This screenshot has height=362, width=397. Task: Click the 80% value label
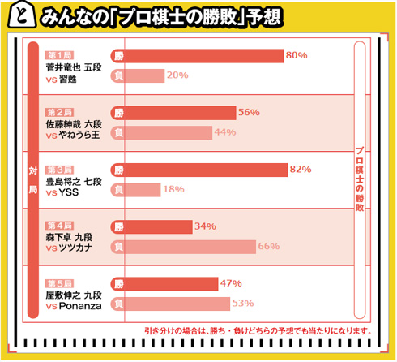(x=296, y=55)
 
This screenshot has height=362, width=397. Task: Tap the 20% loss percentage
(x=177, y=75)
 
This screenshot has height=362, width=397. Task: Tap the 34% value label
(x=204, y=226)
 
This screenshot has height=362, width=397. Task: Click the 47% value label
(x=231, y=283)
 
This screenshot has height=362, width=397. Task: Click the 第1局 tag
(x=59, y=54)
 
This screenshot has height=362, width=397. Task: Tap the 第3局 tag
(x=59, y=169)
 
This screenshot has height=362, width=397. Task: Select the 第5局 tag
(x=59, y=282)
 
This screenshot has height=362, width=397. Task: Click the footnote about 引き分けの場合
(x=257, y=330)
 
